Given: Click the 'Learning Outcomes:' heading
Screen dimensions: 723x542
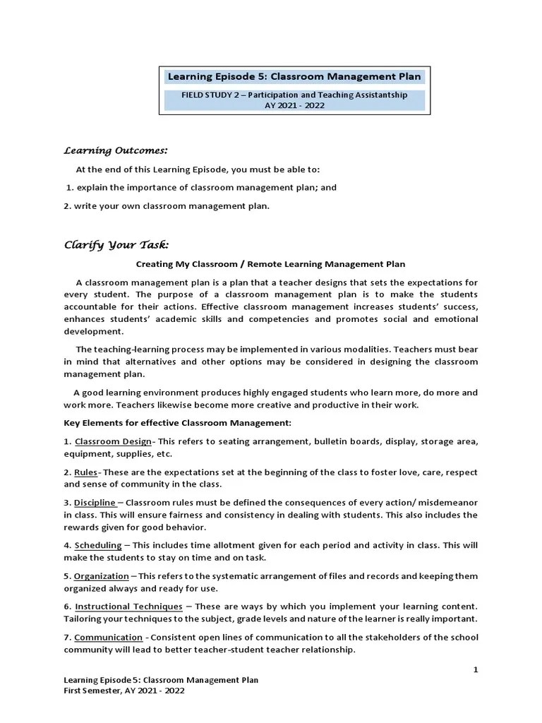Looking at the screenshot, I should (116, 150).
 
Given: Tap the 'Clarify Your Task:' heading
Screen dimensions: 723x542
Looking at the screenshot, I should (116, 245).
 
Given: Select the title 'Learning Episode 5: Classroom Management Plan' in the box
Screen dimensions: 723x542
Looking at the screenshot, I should (294, 76).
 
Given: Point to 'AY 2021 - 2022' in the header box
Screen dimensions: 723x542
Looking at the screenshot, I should (294, 105).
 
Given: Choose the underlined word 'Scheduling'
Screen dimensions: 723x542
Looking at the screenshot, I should (98, 545).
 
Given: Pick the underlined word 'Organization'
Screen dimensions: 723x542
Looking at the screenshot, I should (101, 576).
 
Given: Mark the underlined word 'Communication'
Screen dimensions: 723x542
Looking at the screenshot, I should (108, 638).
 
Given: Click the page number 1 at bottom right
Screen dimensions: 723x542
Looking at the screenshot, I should (475, 669).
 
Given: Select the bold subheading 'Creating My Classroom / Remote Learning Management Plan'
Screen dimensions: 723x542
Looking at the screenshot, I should (270, 264).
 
